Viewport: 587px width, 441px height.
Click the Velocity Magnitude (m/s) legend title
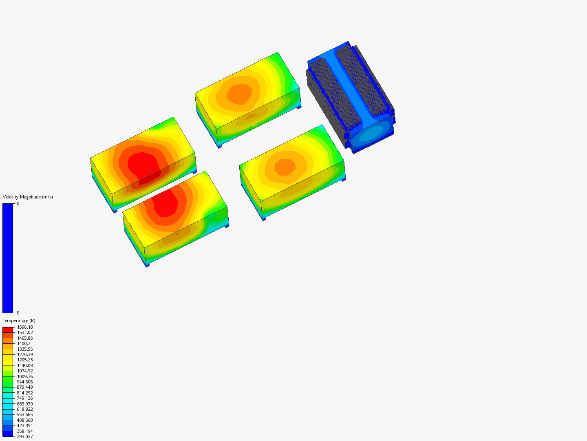[x=28, y=197]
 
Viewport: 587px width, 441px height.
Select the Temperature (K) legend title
[x=19, y=321]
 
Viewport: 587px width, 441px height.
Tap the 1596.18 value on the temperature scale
[x=25, y=327]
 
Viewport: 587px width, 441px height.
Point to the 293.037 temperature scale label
[x=25, y=437]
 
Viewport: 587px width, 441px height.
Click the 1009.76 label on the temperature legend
[x=25, y=376]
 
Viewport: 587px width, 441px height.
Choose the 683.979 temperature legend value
[x=25, y=404]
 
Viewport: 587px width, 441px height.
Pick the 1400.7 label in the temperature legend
[x=24, y=343]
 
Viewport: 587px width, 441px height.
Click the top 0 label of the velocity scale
[x=18, y=203]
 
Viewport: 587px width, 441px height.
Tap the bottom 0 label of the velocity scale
[x=18, y=313]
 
